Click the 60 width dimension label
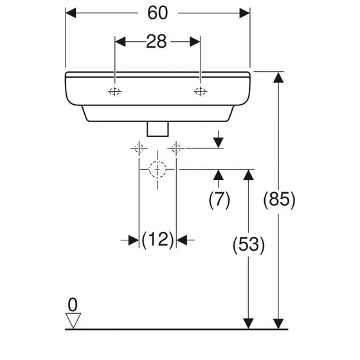pos(157,13)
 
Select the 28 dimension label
pos(156,42)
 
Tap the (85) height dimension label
pos(279,199)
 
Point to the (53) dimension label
pos(249,244)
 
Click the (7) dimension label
pos(219,199)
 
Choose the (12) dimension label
pos(157,240)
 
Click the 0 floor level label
pos(73,305)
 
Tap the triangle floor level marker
pos(73,320)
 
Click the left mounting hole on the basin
pos(115,91)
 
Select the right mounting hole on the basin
pos(201,91)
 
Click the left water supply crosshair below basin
pos(139,148)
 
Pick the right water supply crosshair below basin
pos(176,148)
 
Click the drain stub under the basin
pos(157,129)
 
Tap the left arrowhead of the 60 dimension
pos(71,13)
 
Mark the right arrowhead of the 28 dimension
pos(195,42)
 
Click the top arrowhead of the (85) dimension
pos(278,77)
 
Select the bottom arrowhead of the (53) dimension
pos(248,324)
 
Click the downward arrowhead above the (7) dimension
pos(219,143)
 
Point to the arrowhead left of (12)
pos(134,240)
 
